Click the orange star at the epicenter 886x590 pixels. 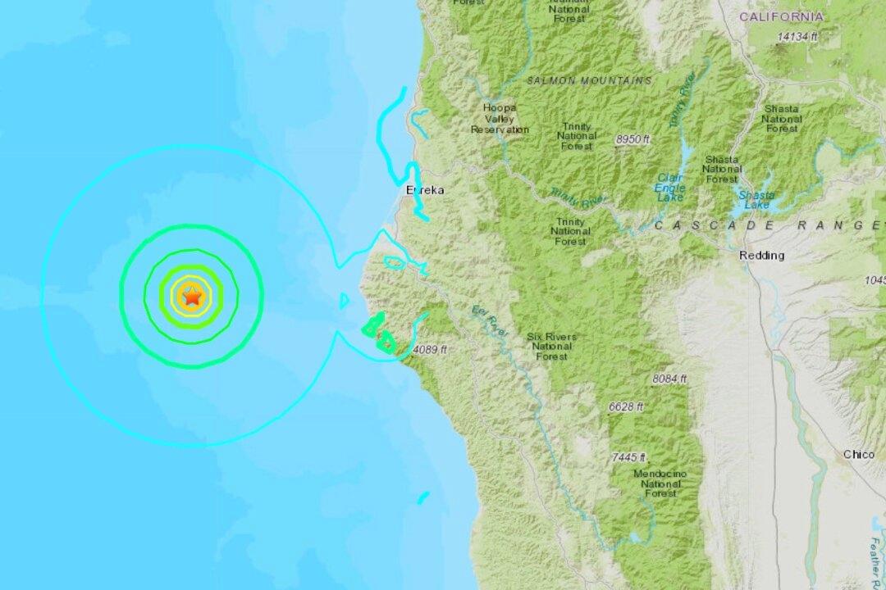pyautogui.click(x=191, y=297)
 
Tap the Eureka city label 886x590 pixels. pyautogui.click(x=424, y=190)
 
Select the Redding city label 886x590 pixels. pyautogui.click(x=761, y=255)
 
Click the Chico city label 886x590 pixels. pyautogui.click(x=858, y=454)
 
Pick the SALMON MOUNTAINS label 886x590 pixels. pyautogui.click(x=590, y=80)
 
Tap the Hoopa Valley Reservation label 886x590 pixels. pyautogui.click(x=499, y=119)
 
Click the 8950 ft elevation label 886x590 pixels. pyautogui.click(x=633, y=140)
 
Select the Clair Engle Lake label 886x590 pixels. pyautogui.click(x=669, y=188)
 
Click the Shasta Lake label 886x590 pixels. pyautogui.click(x=752, y=199)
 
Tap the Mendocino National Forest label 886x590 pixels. pyautogui.click(x=660, y=484)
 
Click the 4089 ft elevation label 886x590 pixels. pyautogui.click(x=430, y=350)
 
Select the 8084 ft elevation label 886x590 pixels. pyautogui.click(x=669, y=379)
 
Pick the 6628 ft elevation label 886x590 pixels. pyautogui.click(x=626, y=406)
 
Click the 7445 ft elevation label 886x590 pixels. pyautogui.click(x=628, y=457)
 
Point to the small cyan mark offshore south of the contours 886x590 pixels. pyautogui.click(x=423, y=497)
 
